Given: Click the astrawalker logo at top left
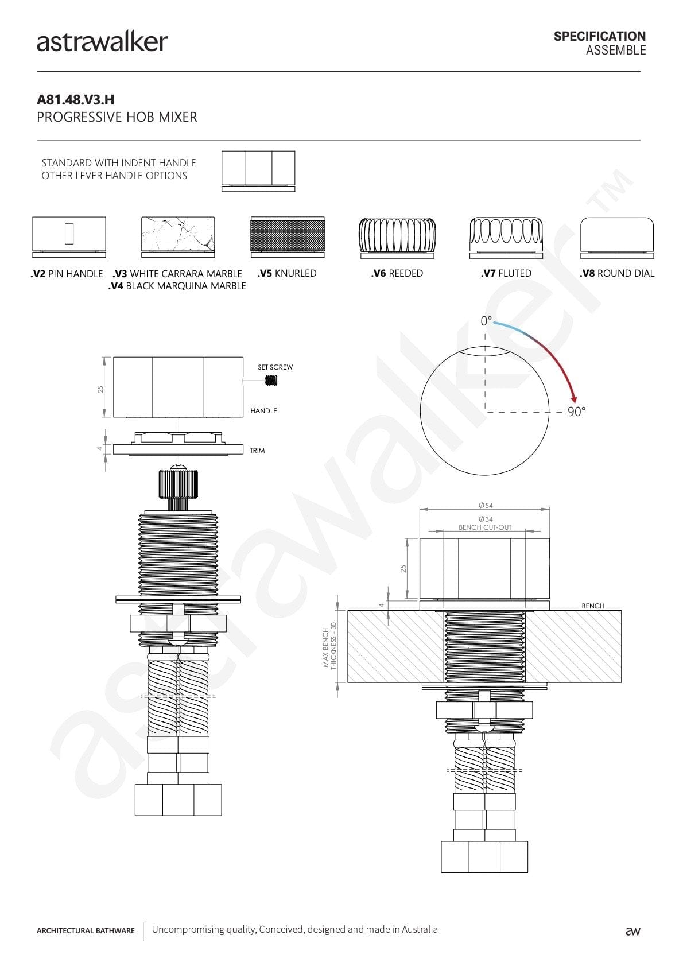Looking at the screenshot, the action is coord(102,42).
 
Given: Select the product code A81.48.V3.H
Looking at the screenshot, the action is coord(75,100).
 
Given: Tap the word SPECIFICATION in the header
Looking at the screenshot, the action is coord(600,36).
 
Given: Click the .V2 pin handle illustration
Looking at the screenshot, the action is coord(69,236).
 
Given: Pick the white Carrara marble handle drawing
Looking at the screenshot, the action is coord(178,236).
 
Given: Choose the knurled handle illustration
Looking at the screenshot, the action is coord(288,236).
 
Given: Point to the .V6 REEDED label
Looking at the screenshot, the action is coord(397,273).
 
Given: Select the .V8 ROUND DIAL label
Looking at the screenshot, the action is coord(616,273).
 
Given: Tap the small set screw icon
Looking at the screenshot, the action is coord(271,381).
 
